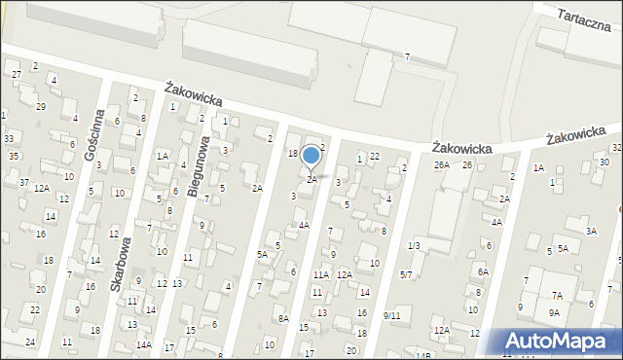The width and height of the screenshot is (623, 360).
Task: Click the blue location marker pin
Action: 311,157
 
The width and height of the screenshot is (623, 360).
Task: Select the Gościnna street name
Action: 94,135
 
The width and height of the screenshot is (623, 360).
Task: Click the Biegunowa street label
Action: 198,165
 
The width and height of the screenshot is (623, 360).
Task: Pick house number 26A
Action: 442,165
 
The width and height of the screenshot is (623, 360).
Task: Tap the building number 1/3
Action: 414,246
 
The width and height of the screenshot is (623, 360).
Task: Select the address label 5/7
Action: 406,275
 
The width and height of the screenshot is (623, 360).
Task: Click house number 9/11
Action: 391,315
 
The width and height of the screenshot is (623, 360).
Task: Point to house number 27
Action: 16,74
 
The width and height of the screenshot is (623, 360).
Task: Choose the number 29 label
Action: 40,106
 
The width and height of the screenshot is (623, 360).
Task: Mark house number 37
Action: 23,182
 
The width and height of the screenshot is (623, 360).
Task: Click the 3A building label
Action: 591,231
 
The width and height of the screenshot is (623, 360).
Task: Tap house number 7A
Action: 557,295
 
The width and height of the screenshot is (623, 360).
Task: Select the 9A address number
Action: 553,312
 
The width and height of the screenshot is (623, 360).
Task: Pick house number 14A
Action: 143,344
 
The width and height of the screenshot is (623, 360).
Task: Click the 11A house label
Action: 319,275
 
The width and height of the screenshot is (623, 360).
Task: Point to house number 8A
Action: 283,318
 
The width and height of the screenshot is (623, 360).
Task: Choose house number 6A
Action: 482,271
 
